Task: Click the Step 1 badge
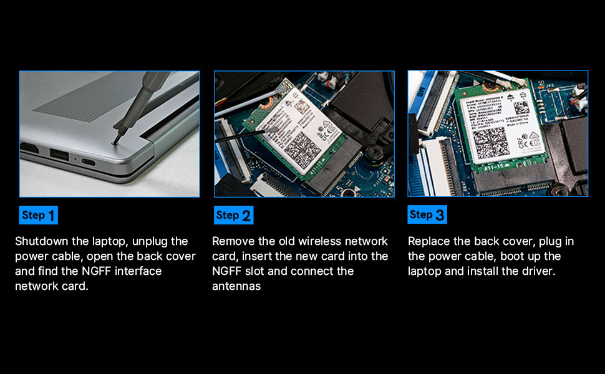(x=38, y=215)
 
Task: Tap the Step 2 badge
(x=234, y=215)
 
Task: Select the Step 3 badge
(x=427, y=215)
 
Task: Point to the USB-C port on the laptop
(x=87, y=163)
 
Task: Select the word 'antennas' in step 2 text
(x=236, y=287)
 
